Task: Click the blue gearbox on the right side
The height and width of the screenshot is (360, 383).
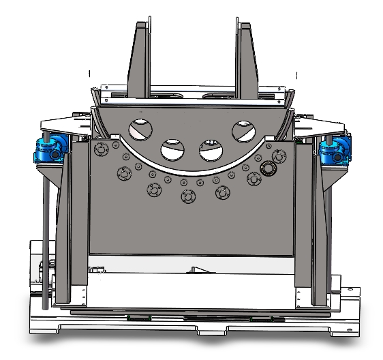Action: coord(335,149)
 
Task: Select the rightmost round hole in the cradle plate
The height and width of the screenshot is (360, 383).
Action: coord(243,130)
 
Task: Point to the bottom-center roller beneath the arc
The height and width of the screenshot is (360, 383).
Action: coord(187,196)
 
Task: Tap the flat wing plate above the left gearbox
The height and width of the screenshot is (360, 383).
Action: coord(65,125)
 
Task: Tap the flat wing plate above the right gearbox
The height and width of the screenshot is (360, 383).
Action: coord(320,125)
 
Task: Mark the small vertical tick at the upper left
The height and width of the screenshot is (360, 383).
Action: coord(89,73)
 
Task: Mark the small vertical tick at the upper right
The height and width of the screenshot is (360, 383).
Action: coord(297,74)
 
